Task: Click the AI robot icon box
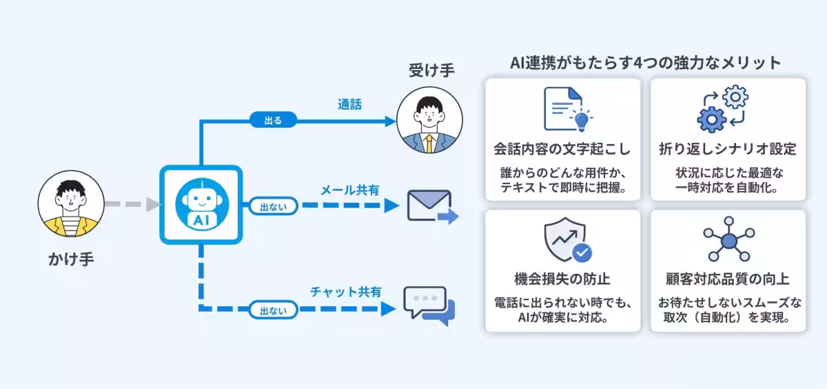pos(201,205)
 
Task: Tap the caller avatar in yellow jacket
pos(71,205)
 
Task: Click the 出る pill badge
pos(273,120)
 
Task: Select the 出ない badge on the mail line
pos(274,206)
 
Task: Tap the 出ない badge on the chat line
pos(274,310)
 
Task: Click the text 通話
pos(349,105)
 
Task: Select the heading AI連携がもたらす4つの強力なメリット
pos(645,63)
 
